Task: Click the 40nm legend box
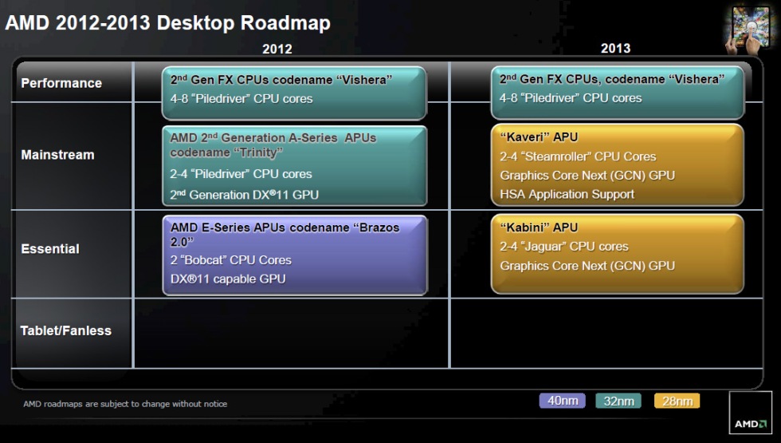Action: tap(562, 401)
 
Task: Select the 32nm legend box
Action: tap(618, 401)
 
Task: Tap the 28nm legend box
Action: tap(677, 401)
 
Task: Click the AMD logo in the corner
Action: tap(750, 413)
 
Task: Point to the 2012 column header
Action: tap(277, 49)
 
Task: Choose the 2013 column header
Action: tap(615, 49)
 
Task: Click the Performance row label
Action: tap(61, 83)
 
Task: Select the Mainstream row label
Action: tap(57, 155)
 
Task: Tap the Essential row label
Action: tap(50, 248)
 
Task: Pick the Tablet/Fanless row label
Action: tap(65, 330)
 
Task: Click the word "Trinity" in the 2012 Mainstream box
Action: tap(256, 152)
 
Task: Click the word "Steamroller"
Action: tap(564, 156)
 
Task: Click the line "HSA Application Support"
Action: tap(567, 194)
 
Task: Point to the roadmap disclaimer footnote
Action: tap(124, 404)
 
